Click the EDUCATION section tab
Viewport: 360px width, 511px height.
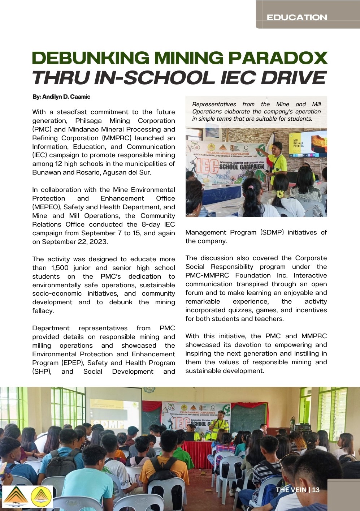coord(296,17)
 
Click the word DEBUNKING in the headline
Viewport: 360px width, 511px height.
coord(90,58)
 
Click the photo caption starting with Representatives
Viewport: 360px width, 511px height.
coord(256,111)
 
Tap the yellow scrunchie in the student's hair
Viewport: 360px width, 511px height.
coord(280,194)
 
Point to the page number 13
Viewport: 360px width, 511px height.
coord(316,490)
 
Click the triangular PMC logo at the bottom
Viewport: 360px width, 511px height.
coord(16,497)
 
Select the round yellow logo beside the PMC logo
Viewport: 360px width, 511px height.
coord(42,497)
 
